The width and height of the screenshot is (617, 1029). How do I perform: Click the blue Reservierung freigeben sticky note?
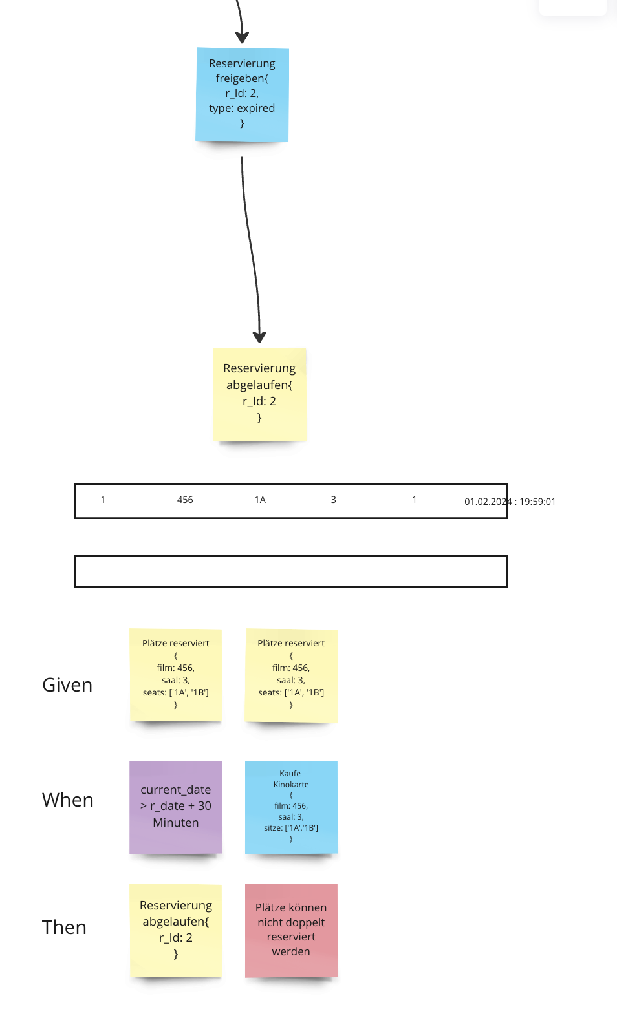pyautogui.click(x=242, y=94)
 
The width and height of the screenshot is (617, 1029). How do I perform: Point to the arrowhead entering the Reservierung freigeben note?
pyautogui.click(x=242, y=37)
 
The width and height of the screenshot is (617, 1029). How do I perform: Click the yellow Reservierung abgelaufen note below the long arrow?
pyautogui.click(x=259, y=394)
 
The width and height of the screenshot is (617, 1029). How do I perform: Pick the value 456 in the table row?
pyautogui.click(x=185, y=500)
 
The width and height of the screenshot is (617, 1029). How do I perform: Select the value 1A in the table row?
pyautogui.click(x=260, y=500)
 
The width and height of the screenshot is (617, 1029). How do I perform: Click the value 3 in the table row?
pyautogui.click(x=333, y=500)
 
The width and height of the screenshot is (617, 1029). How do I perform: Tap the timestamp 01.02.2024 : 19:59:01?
pyautogui.click(x=510, y=502)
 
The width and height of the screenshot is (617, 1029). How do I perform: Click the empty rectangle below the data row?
pyautogui.click(x=291, y=571)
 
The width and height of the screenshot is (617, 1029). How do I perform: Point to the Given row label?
pyautogui.click(x=67, y=685)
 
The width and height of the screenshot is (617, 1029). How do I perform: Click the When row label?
pyautogui.click(x=68, y=800)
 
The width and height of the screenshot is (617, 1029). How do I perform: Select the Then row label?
pyautogui.click(x=64, y=928)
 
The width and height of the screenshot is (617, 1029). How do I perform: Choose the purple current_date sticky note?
pyautogui.click(x=176, y=807)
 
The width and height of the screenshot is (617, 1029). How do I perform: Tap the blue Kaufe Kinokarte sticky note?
pyautogui.click(x=291, y=807)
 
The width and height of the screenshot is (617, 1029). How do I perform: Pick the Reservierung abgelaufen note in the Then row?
pyautogui.click(x=176, y=929)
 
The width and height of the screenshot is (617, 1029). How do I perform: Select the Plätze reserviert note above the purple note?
pyautogui.click(x=176, y=674)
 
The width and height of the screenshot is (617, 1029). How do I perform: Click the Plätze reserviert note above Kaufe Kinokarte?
pyautogui.click(x=291, y=674)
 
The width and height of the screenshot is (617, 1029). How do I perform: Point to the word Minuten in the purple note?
pyautogui.click(x=176, y=823)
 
